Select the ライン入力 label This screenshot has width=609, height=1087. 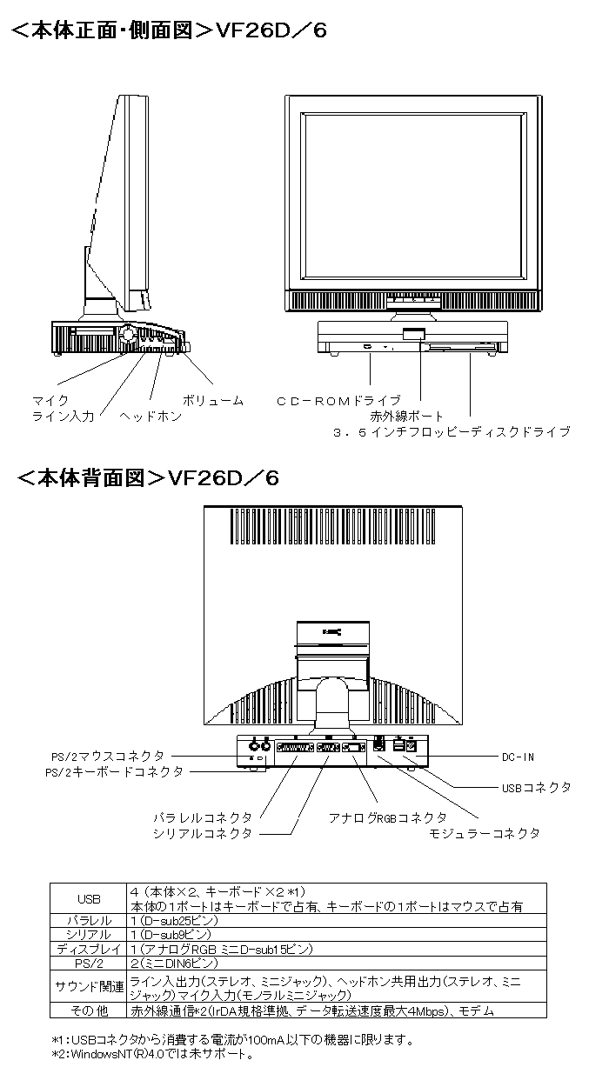(x=63, y=417)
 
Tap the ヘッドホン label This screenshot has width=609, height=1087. (x=151, y=417)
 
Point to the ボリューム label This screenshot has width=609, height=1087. (x=213, y=401)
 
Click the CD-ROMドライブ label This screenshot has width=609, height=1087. (x=338, y=401)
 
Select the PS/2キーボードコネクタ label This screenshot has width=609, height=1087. (x=114, y=771)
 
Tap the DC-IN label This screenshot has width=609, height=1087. (x=518, y=757)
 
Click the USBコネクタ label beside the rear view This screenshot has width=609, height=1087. (x=537, y=787)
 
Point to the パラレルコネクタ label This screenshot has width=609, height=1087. (x=203, y=817)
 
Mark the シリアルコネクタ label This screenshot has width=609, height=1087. (x=203, y=833)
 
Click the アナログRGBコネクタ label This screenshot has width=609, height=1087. (x=387, y=817)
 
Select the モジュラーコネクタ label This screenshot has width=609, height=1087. (x=485, y=833)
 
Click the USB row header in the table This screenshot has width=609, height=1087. (x=89, y=897)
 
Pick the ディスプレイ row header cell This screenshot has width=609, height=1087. (x=89, y=949)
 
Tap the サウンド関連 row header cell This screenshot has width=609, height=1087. (x=89, y=986)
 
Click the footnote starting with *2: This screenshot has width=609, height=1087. (x=152, y=1055)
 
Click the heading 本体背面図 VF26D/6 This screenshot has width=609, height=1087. (x=148, y=477)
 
